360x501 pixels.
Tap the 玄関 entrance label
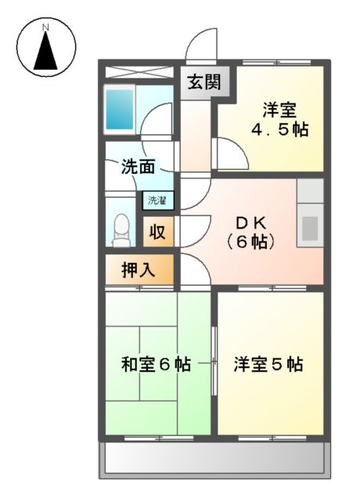click(202, 81)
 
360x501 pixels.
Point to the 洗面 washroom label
click(137, 166)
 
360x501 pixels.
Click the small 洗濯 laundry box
click(157, 200)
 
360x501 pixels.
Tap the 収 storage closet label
click(158, 232)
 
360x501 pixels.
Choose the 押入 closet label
click(138, 270)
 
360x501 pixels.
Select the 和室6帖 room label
click(157, 364)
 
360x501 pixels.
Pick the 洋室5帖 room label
click(268, 364)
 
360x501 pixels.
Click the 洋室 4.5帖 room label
click(279, 121)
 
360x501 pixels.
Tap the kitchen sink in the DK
click(310, 228)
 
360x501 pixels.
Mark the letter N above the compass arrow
click(46, 28)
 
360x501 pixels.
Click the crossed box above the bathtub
click(138, 71)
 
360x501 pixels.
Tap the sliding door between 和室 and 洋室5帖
click(214, 362)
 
